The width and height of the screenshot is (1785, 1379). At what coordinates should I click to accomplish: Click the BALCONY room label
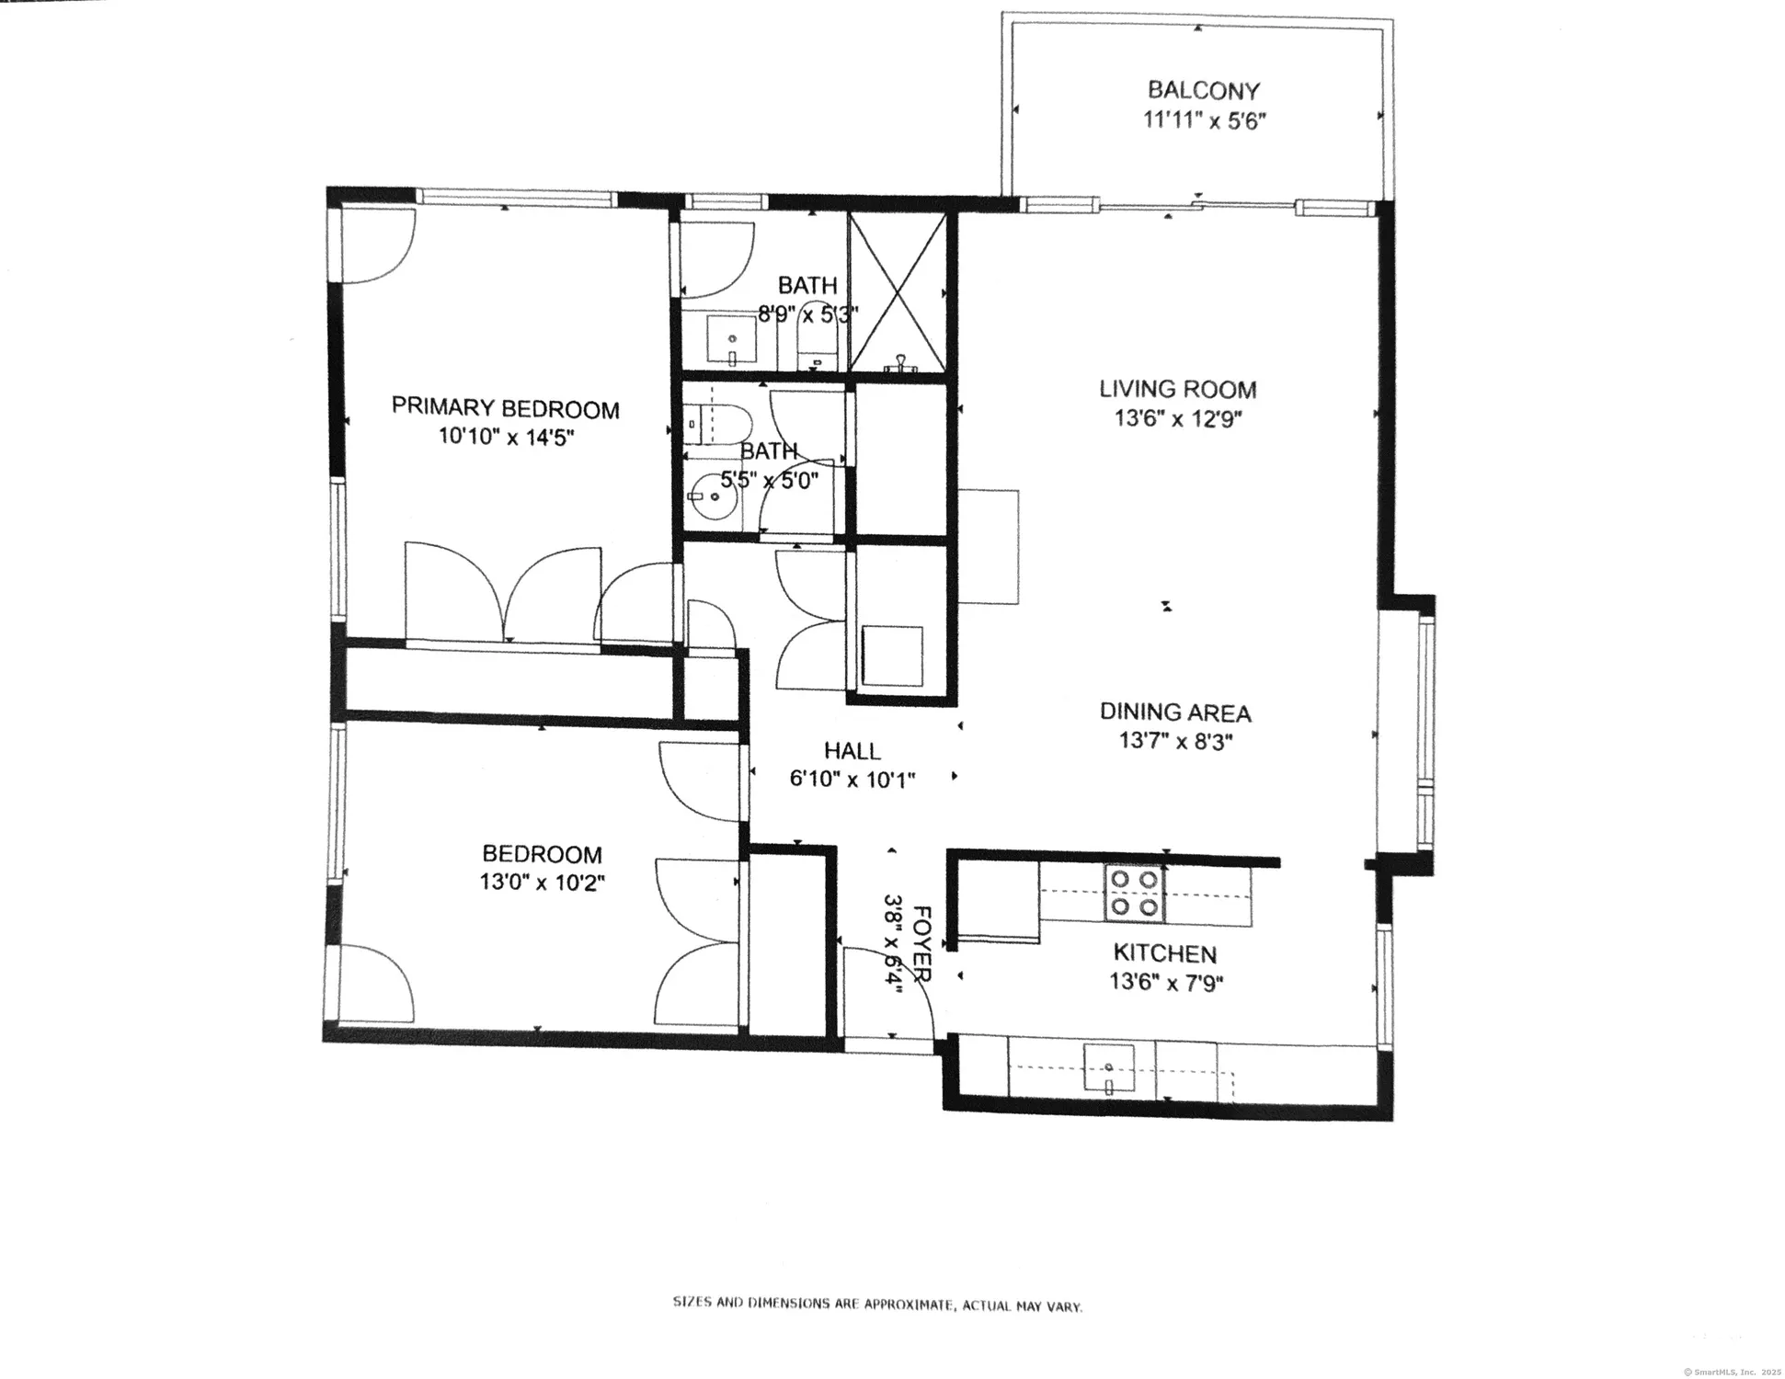1203,90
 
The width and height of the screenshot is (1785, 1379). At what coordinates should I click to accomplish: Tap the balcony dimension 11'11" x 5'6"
1204,120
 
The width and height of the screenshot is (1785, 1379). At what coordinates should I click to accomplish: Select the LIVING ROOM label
1177,389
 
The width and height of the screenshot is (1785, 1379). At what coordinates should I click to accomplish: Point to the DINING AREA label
1175,712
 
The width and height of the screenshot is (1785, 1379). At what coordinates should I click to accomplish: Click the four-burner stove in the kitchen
1134,894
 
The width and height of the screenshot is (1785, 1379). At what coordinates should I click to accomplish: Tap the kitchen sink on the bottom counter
1109,1069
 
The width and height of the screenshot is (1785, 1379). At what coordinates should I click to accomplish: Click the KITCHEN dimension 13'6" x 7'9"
1165,983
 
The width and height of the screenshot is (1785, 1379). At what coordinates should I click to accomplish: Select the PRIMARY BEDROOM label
505,407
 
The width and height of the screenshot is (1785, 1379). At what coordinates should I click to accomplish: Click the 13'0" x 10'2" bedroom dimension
542,883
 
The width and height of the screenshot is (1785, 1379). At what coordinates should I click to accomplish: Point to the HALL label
852,751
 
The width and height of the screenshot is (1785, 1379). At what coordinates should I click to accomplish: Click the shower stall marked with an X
897,292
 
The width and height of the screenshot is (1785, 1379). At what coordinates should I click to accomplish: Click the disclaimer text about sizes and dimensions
877,1304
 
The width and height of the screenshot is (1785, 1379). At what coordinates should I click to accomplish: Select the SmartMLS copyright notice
1732,1371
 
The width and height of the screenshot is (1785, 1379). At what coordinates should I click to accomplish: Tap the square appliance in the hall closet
891,655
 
